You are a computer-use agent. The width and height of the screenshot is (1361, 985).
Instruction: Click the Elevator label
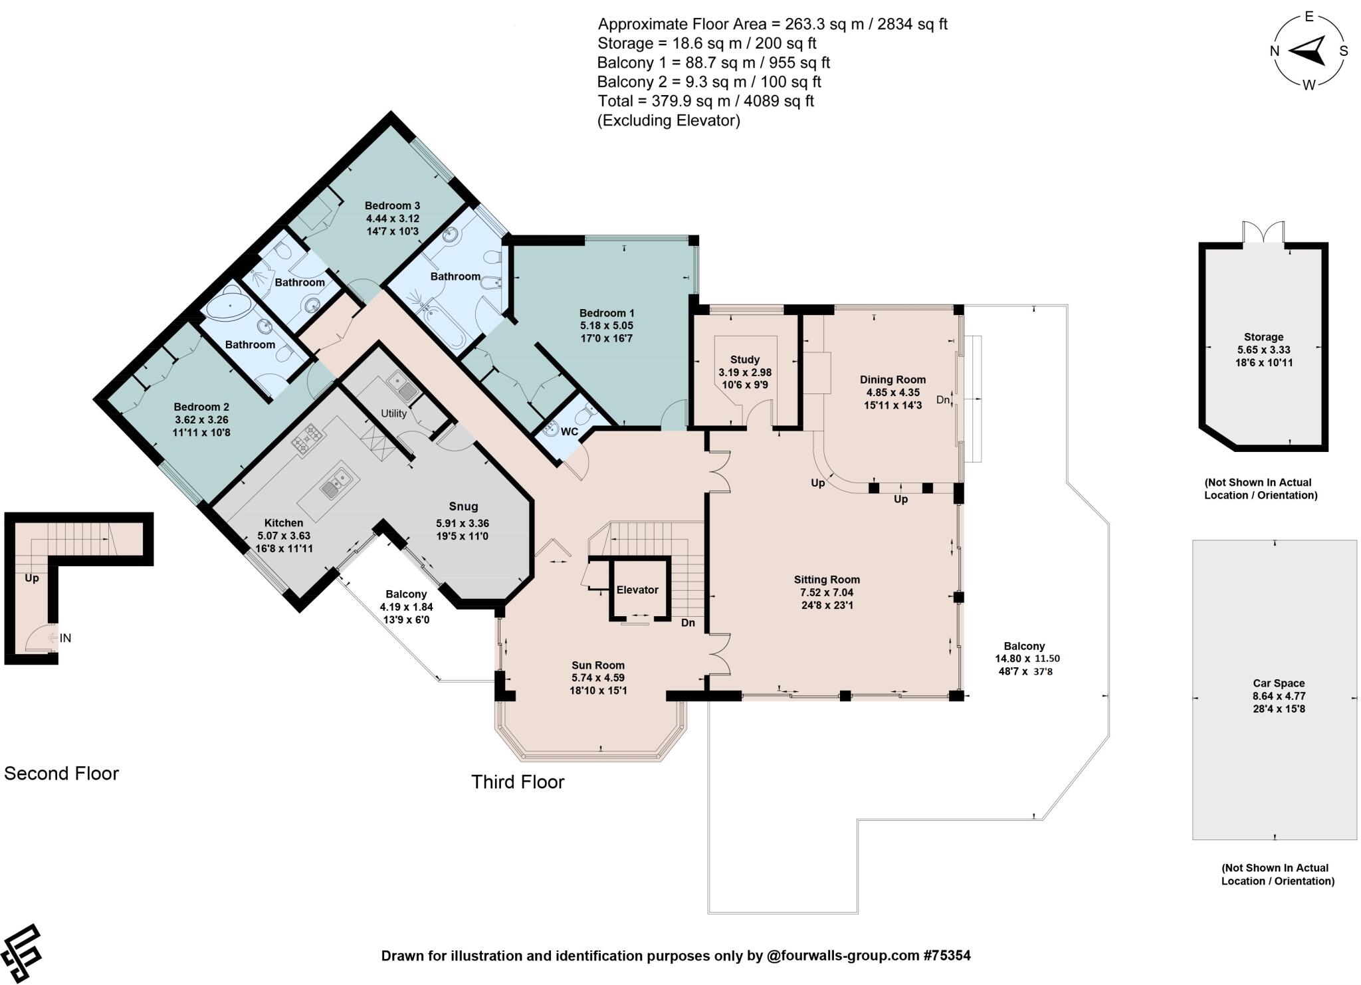pyautogui.click(x=637, y=590)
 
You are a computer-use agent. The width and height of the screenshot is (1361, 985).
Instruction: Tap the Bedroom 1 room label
pyautogui.click(x=607, y=313)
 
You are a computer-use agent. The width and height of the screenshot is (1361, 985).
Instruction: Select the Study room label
pyautogui.click(x=744, y=360)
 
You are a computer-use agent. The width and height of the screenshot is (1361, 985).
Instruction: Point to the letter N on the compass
pyautogui.click(x=1274, y=51)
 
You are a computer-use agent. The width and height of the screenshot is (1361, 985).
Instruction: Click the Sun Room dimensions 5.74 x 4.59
pyautogui.click(x=598, y=678)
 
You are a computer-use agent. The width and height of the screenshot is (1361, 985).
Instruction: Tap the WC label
pyautogui.click(x=569, y=432)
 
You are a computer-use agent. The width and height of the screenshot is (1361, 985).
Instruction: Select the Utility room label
pyautogui.click(x=393, y=413)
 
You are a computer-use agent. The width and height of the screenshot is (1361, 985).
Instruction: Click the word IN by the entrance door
pyautogui.click(x=65, y=638)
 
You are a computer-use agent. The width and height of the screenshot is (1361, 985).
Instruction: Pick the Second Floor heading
pyautogui.click(x=61, y=774)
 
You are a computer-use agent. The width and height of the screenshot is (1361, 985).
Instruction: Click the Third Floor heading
pyautogui.click(x=518, y=782)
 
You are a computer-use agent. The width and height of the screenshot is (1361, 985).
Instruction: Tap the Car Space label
pyautogui.click(x=1278, y=683)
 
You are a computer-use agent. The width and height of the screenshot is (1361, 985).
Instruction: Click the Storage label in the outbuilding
pyautogui.click(x=1263, y=337)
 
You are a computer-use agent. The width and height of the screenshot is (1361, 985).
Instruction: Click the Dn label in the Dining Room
pyautogui.click(x=942, y=400)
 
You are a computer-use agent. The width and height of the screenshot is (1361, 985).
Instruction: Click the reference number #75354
pyautogui.click(x=947, y=956)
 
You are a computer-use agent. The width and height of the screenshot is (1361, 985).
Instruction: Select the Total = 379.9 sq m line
pyautogui.click(x=705, y=101)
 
